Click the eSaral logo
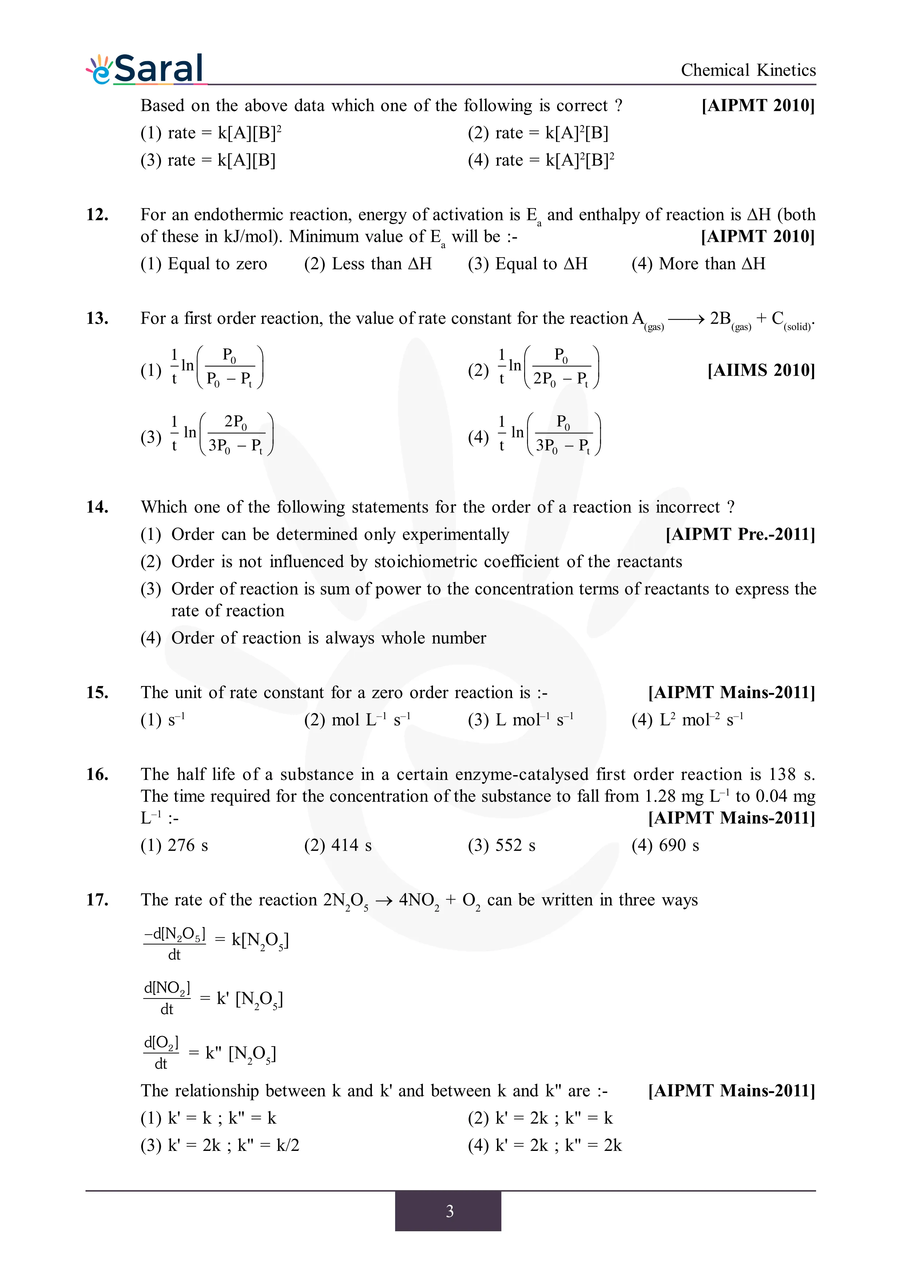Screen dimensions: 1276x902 click(x=146, y=69)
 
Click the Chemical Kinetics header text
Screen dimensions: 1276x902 click(x=748, y=70)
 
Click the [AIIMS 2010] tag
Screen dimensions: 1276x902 click(x=761, y=370)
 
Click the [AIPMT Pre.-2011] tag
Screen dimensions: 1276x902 click(x=740, y=534)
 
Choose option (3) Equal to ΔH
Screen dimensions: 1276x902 click(x=528, y=263)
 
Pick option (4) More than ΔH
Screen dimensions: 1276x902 click(x=698, y=263)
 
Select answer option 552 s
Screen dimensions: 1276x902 click(x=502, y=845)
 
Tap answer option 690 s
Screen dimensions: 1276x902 click(x=665, y=845)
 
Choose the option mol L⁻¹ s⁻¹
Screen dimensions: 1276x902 click(x=357, y=720)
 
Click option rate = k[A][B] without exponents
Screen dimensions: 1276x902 click(x=208, y=160)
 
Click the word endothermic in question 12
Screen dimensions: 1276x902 click(x=238, y=215)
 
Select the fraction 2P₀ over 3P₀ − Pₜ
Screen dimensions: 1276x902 click(x=236, y=434)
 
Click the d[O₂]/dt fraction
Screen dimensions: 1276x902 click(x=161, y=1053)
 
